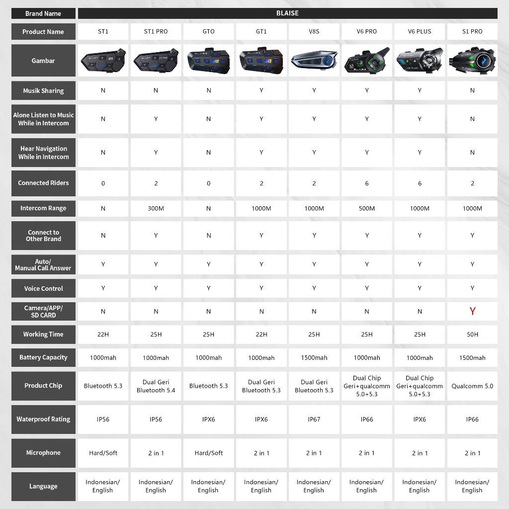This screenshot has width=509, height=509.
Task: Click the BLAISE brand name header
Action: (287, 13)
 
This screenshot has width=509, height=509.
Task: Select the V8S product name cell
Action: (314, 31)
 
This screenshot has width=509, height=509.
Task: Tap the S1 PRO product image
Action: (472, 61)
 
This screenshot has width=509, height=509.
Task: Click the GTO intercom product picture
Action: (209, 61)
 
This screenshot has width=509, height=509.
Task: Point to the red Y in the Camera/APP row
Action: (472, 311)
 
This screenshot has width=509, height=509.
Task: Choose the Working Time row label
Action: (43, 335)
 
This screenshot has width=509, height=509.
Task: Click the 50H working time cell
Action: (472, 335)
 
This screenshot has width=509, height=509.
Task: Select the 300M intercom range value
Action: (156, 208)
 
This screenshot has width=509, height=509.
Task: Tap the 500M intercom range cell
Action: (367, 208)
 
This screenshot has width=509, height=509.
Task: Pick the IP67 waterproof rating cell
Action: (314, 419)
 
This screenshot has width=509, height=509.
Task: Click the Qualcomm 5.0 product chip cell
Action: (472, 386)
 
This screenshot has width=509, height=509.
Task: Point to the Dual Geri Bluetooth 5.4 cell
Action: (156, 386)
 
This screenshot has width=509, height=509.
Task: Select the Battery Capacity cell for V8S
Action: (314, 357)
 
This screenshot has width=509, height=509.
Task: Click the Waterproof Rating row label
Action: (43, 419)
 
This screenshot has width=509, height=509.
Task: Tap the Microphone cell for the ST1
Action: (103, 453)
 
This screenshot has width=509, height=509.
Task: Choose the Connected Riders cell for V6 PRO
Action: (367, 183)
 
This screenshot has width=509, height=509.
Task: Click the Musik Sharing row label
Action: (43, 91)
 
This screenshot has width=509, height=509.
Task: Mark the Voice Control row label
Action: (43, 288)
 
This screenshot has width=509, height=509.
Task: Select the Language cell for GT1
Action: (261, 486)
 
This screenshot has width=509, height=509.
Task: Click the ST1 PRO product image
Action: (156, 61)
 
